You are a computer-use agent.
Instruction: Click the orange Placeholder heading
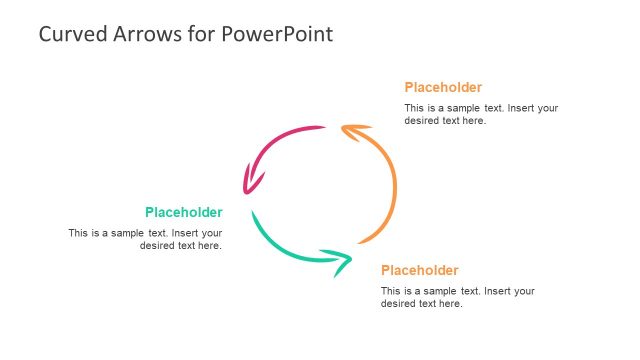pyautogui.click(x=443, y=87)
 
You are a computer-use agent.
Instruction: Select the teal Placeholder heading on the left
pyautogui.click(x=183, y=212)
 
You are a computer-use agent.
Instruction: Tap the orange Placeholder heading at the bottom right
pyautogui.click(x=420, y=270)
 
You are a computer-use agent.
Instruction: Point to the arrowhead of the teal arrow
pyautogui.click(x=340, y=261)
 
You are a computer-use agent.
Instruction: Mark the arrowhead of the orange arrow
pyautogui.click(x=352, y=130)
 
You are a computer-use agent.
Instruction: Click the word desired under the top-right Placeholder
pyautogui.click(x=421, y=121)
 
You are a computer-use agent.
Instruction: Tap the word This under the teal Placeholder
pyautogui.click(x=78, y=233)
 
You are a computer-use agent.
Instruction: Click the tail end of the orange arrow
pyautogui.click(x=362, y=241)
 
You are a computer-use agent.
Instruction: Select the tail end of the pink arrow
pyautogui.click(x=322, y=127)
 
